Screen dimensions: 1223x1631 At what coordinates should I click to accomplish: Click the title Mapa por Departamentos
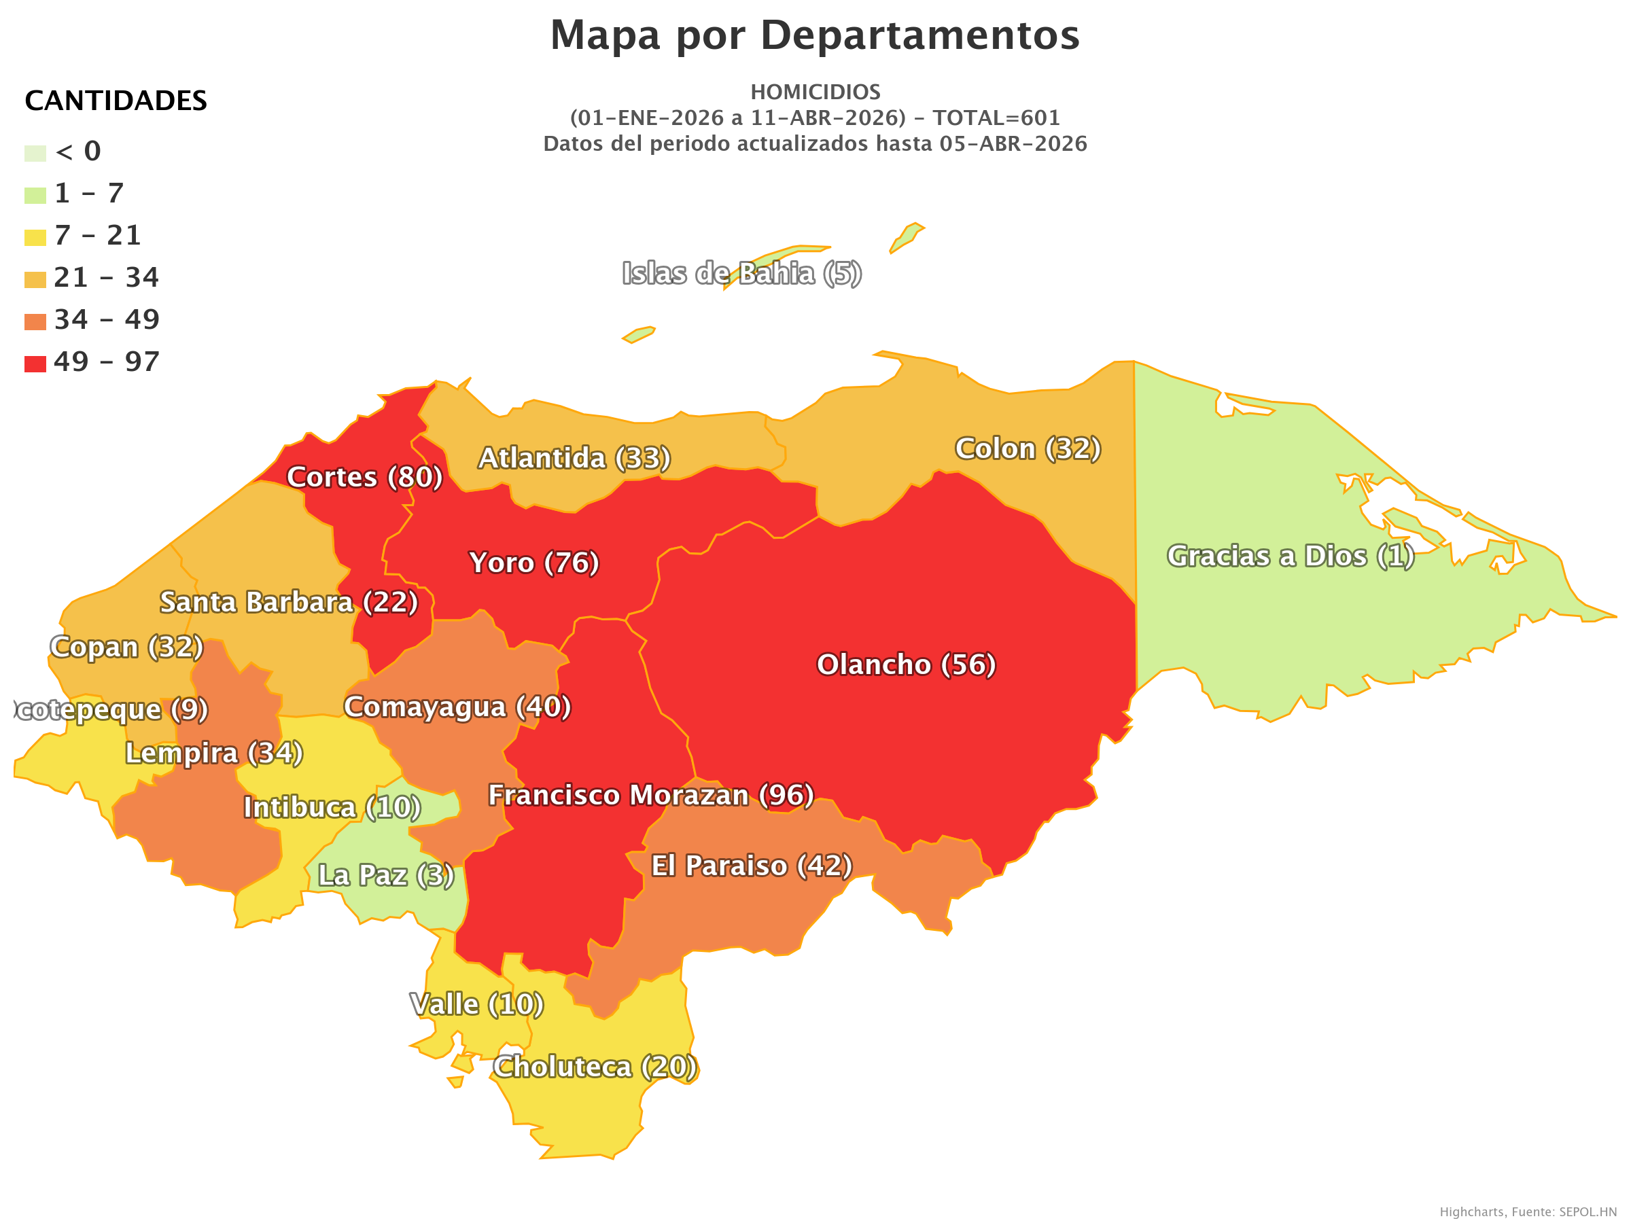coord(815,35)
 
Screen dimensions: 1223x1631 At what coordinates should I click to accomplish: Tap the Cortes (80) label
coord(364,477)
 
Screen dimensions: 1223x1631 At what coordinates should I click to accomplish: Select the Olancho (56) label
coord(906,664)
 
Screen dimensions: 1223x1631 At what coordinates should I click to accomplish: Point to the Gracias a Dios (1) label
coord(1291,556)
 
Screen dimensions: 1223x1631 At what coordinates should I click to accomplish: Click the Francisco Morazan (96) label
coord(651,795)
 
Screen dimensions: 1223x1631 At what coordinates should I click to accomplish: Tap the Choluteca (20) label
coord(595,1067)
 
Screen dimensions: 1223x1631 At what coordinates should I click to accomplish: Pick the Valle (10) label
coord(477,1004)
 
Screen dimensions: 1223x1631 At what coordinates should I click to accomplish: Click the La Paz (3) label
coord(385,875)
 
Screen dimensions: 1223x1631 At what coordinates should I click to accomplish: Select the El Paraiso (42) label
coord(752,866)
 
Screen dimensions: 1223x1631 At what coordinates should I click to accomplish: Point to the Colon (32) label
coord(1028,448)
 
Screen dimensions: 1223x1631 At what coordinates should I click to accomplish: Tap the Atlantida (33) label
coord(574,458)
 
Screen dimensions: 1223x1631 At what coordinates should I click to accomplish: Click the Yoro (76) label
coord(534,563)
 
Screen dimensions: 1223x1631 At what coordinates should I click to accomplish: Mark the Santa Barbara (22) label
coord(289,601)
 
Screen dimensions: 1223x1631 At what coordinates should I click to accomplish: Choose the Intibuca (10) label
coord(332,807)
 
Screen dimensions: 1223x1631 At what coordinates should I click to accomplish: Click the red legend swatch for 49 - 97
coord(35,364)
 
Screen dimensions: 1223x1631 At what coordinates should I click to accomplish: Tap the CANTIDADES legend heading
coord(116,101)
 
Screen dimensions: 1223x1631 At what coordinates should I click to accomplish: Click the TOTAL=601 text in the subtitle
coord(996,118)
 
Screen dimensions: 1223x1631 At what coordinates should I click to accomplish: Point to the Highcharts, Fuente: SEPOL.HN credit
coord(1527,1212)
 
